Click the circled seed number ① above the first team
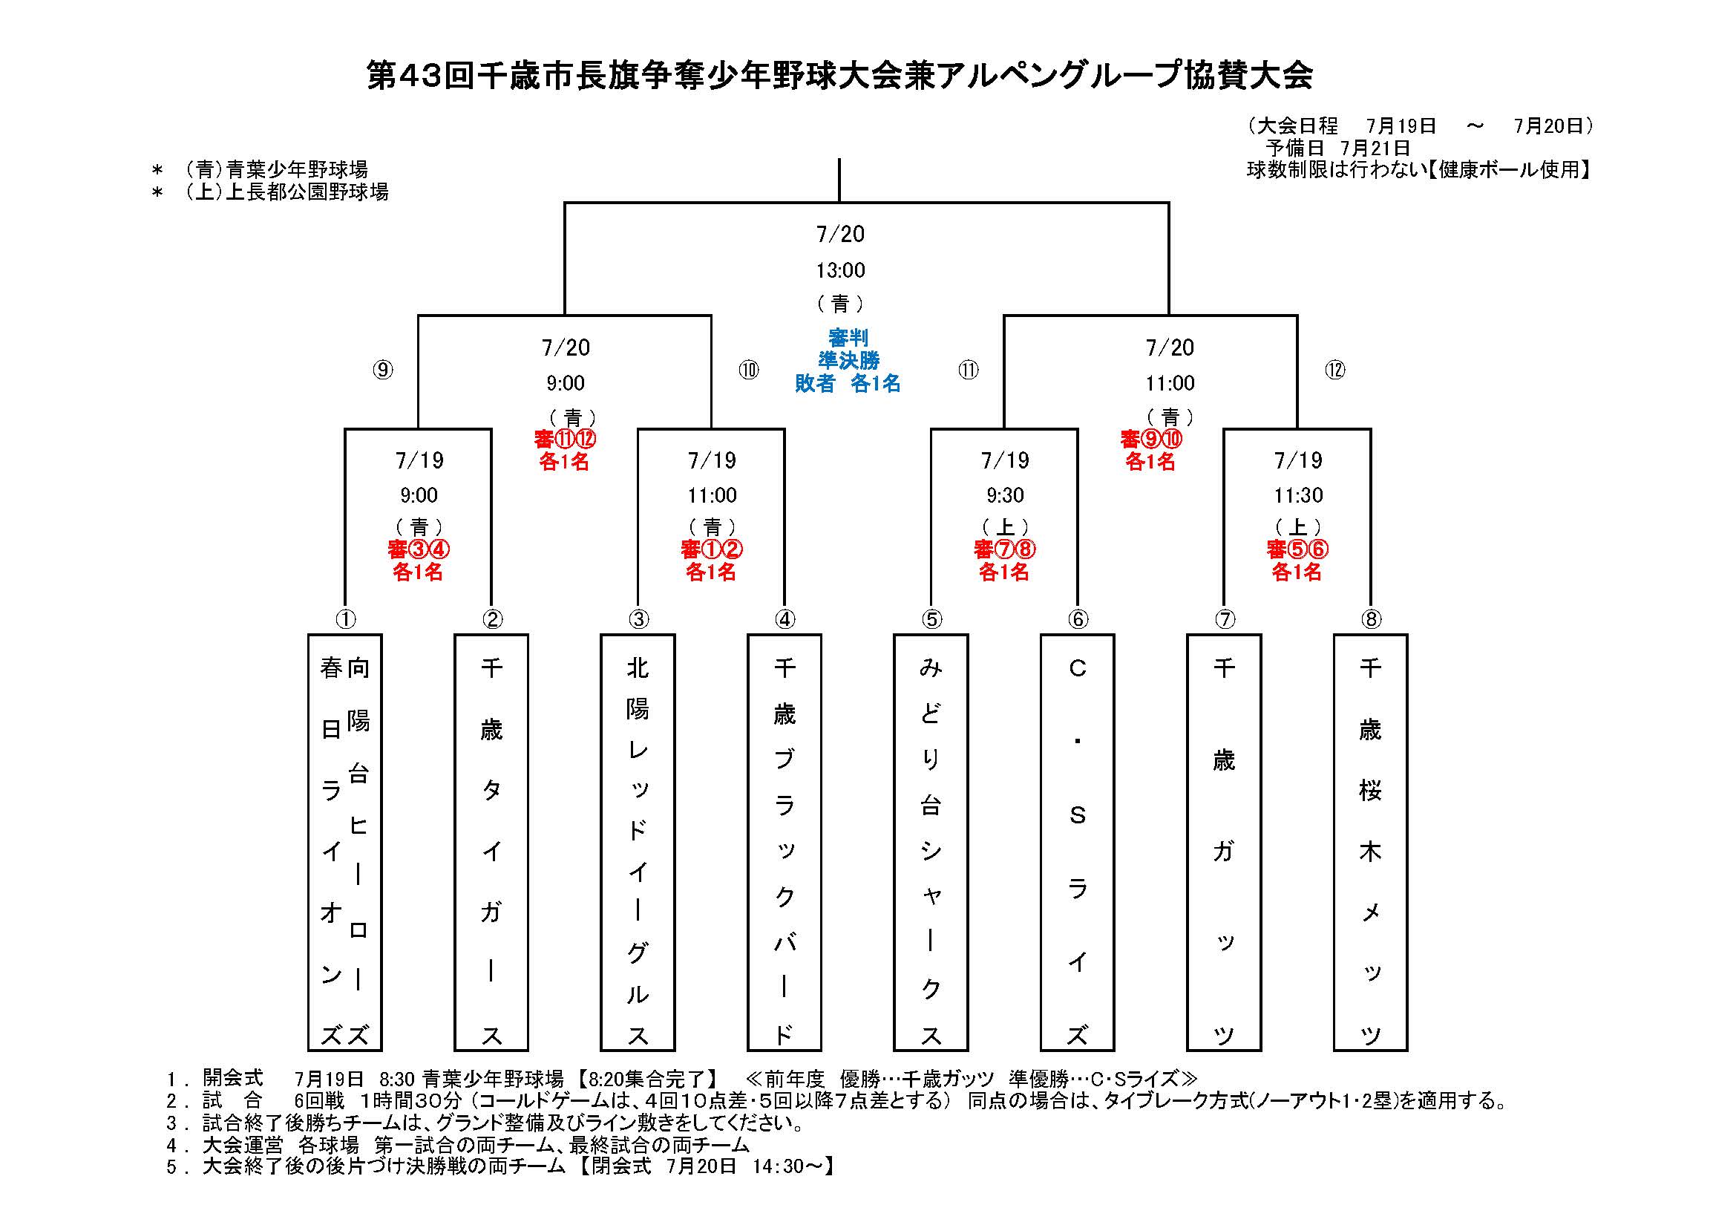[x=346, y=620]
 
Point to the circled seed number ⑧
[x=1371, y=620]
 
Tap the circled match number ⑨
[x=383, y=370]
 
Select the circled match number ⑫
[x=1335, y=370]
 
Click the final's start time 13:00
[x=840, y=270]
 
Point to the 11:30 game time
[x=1298, y=495]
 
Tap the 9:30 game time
[x=1005, y=495]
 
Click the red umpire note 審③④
[x=419, y=549]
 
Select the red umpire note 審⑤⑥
[x=1297, y=549]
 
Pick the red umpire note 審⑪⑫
[x=565, y=439]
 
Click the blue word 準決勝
[x=848, y=361]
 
